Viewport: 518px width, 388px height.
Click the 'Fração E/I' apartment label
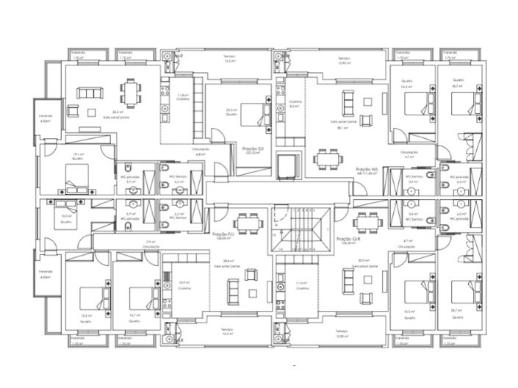253,150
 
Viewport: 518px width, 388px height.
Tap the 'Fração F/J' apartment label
223,237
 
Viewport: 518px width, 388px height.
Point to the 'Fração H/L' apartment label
366,170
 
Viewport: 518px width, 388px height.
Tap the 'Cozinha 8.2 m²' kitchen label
295,104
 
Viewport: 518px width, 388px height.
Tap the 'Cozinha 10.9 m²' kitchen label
184,284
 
